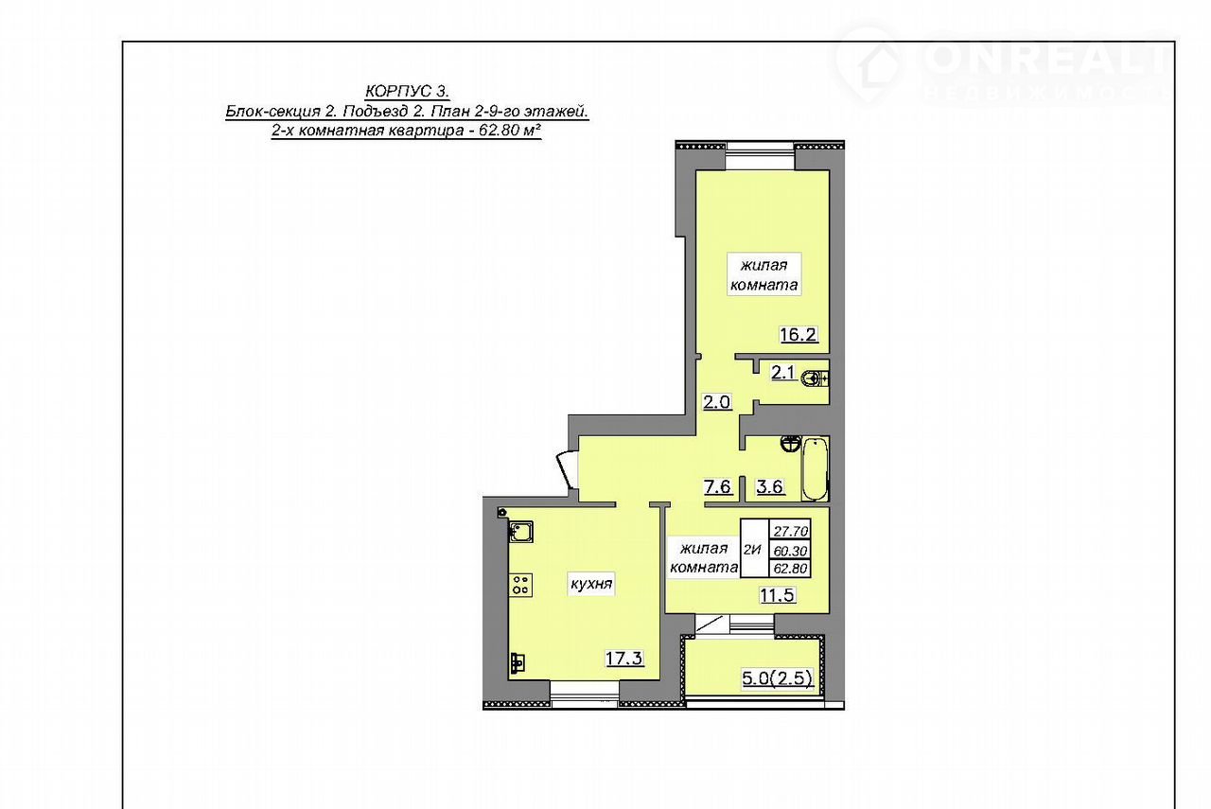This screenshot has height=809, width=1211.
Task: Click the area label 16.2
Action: coord(798,335)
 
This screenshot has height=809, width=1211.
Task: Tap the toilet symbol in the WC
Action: coord(815,378)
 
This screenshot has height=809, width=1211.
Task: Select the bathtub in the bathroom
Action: coord(815,469)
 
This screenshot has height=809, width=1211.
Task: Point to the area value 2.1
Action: coord(782,372)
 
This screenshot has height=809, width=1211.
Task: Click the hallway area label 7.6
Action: coord(717,486)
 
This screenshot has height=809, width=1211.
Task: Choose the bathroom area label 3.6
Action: coord(770,486)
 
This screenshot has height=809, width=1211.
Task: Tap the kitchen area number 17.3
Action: coord(624,659)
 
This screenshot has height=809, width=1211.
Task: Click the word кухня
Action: coord(591,584)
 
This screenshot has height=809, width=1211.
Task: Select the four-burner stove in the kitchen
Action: coord(520,585)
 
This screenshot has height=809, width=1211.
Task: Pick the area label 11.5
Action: coord(778,595)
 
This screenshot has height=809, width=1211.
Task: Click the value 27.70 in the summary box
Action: coord(790,531)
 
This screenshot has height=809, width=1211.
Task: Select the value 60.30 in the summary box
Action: coord(790,551)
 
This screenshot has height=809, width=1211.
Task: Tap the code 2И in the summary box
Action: coord(752,550)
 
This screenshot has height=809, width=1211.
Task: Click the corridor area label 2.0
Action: coord(716,402)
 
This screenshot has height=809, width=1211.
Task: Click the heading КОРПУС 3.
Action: coord(407,90)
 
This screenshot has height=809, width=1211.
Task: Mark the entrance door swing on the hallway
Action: coord(567,470)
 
